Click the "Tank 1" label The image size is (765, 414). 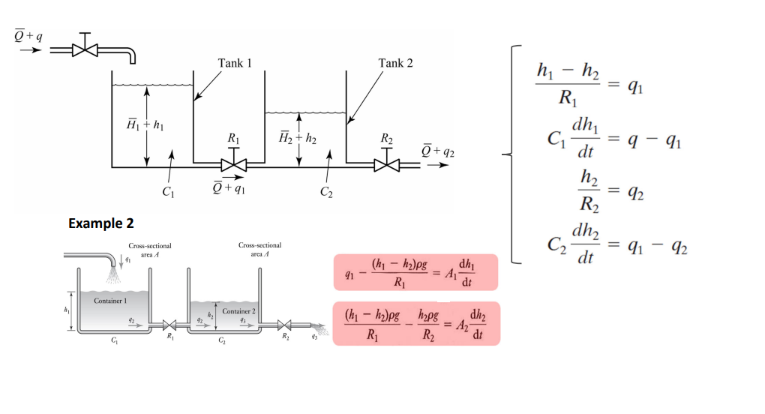[x=234, y=63]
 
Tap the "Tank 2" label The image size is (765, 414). [x=396, y=63]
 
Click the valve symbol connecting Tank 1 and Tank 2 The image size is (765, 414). [x=235, y=164]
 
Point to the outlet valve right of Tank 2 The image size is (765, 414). [x=387, y=164]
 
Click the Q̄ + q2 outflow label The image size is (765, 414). [x=438, y=152]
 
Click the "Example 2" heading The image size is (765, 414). [x=100, y=223]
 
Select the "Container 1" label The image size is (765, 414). [x=111, y=300]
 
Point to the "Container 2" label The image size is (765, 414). [x=238, y=310]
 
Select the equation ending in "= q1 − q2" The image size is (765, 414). [x=612, y=245]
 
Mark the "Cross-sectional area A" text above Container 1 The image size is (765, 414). [x=150, y=250]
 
